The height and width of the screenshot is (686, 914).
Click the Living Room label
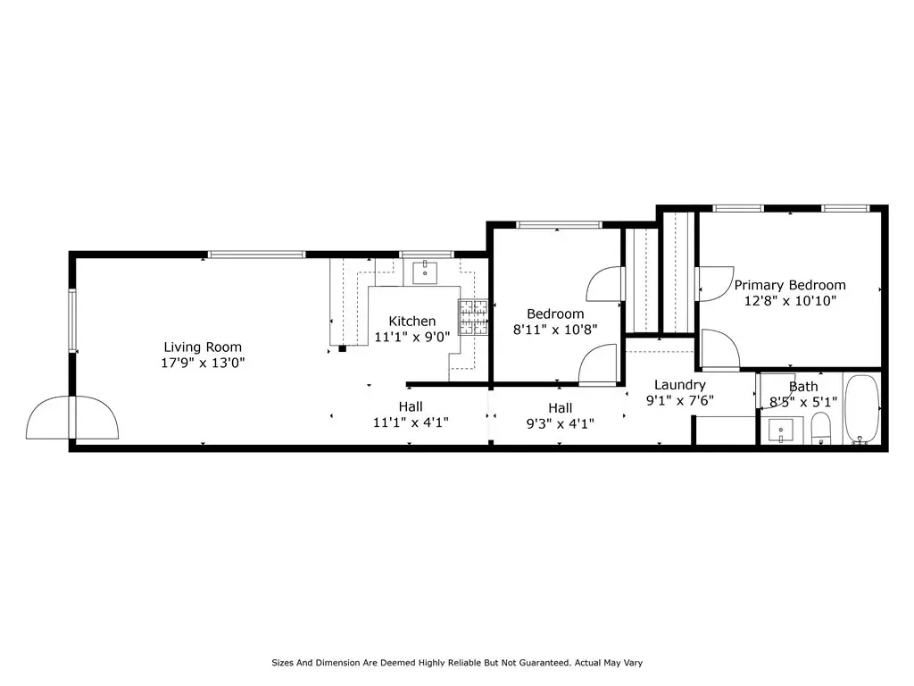click(203, 347)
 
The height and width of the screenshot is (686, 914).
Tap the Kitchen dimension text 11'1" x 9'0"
click(412, 337)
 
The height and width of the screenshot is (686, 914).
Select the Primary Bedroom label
click(790, 285)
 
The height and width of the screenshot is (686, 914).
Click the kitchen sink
click(425, 272)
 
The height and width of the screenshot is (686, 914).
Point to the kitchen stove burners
click(473, 317)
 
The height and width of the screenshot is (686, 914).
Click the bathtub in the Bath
click(861, 409)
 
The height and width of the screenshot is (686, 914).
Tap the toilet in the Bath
click(821, 429)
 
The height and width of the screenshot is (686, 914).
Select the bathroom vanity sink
click(780, 431)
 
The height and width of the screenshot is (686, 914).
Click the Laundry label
click(679, 385)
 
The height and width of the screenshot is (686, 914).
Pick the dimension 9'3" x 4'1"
click(561, 423)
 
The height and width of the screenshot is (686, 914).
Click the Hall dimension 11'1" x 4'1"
click(411, 422)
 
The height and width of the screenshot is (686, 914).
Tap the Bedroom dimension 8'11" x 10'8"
click(555, 330)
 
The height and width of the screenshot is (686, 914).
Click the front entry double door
click(72, 417)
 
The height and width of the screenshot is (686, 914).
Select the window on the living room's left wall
click(72, 321)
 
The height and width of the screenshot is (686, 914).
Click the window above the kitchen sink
click(426, 255)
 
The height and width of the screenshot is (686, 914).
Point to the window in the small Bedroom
click(559, 224)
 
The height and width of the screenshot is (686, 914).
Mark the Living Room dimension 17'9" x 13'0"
click(203, 363)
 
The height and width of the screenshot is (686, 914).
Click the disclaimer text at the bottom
click(457, 663)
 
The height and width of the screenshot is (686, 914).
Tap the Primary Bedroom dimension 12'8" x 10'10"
click(791, 301)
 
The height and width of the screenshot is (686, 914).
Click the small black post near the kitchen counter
click(342, 349)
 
